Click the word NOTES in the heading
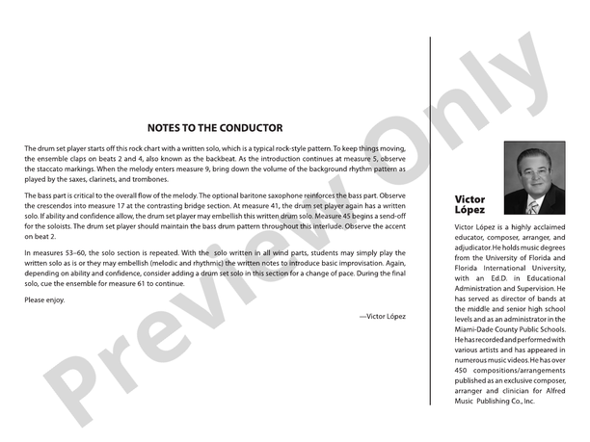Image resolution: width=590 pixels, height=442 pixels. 168,127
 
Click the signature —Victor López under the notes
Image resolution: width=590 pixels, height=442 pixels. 382,316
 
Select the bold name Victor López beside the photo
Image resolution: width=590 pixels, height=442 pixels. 469,204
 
